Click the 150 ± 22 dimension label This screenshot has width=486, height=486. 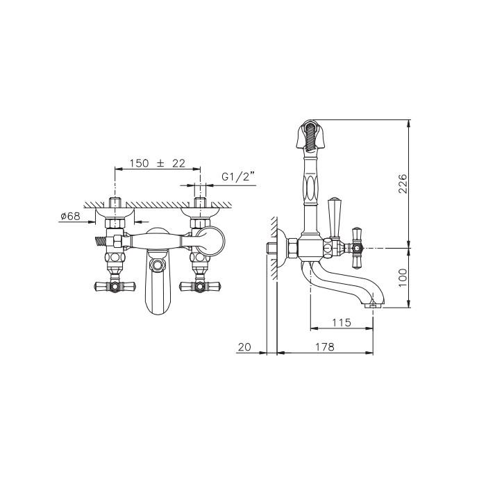157,163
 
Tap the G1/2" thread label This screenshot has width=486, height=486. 238,177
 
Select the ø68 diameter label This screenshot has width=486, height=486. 70,216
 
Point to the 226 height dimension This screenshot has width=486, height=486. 402,183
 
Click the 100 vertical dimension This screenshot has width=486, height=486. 402,278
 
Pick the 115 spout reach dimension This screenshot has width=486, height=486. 342,323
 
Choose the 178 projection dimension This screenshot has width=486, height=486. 325,346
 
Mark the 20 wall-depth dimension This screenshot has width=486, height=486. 244,346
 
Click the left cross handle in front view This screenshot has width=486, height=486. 115,285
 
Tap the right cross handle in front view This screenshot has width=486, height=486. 200,285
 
